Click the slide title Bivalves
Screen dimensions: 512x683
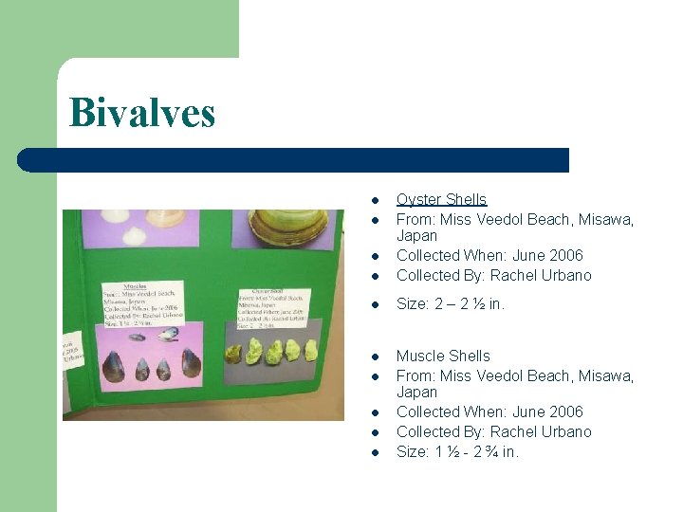point(142,113)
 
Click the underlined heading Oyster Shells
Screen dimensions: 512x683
point(441,199)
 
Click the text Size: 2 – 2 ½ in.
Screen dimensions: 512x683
point(451,304)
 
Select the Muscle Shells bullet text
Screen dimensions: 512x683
point(443,357)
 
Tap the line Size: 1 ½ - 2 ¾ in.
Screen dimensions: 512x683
point(457,451)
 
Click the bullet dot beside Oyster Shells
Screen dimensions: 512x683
point(376,200)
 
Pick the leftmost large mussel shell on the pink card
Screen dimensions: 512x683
point(115,365)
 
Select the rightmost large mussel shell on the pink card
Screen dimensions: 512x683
point(191,363)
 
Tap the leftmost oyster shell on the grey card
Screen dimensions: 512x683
point(233,356)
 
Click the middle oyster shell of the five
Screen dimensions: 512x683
point(273,353)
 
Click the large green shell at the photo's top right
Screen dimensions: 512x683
point(287,224)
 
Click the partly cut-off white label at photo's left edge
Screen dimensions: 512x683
point(73,351)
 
